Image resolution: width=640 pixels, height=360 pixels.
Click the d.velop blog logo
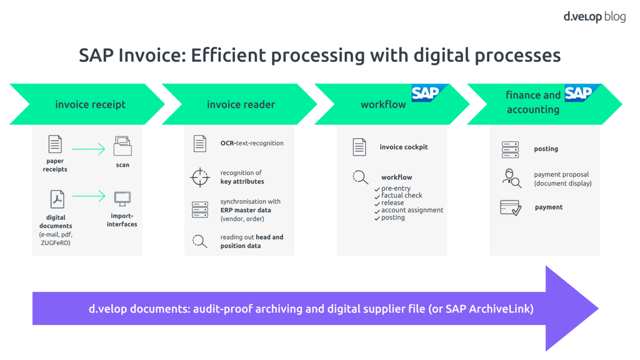594,17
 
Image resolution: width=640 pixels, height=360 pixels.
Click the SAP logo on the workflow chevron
426,93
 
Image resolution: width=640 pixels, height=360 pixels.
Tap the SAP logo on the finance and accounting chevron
579,93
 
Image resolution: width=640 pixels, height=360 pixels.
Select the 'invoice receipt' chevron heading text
90,105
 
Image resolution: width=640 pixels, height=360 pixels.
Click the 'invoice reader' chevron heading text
241,105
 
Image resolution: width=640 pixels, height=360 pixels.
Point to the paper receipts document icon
55,144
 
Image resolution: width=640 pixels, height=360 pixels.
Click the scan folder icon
122,146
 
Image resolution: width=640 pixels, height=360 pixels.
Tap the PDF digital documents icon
57,199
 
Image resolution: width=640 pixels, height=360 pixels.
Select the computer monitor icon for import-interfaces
122,199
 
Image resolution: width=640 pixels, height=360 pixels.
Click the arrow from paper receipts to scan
88,149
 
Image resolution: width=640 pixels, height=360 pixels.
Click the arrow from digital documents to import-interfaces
88,196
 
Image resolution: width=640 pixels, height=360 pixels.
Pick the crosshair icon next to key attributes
200,177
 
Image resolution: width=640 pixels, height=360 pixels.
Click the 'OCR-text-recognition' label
252,143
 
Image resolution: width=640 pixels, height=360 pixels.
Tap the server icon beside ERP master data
200,210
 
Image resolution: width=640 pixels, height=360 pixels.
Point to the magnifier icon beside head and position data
200,241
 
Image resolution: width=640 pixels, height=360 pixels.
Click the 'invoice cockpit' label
403,147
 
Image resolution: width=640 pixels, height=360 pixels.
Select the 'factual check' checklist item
401,195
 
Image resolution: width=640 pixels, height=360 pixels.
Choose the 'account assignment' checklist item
412,210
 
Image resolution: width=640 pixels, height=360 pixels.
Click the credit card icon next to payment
510,207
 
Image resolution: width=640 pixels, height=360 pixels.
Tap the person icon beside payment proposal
511,178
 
